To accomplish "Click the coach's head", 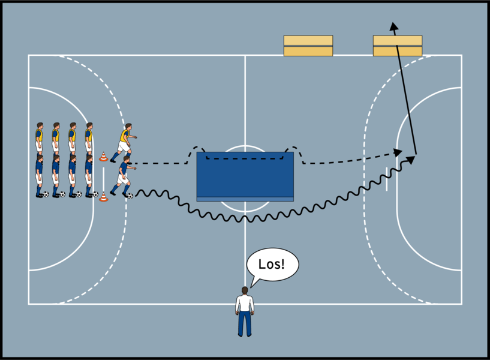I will pos(245,290).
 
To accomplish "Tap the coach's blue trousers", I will pos(245,323).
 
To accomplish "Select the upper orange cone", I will pos(104,157).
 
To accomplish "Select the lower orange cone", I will pos(104,196).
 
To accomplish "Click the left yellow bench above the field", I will pos(308,46).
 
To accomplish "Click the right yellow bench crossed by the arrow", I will pos(397,46).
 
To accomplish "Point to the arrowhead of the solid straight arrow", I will pos(393,26).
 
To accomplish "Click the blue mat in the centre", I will pos(245,174).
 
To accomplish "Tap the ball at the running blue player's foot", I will pos(130,196).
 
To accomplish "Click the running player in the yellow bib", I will pos(124,142).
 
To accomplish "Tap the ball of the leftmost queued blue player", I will pos(46,194).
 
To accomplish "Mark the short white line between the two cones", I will pos(104,177).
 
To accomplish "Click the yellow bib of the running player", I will pos(124,136).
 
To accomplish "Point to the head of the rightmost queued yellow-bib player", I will pos(89,126).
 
